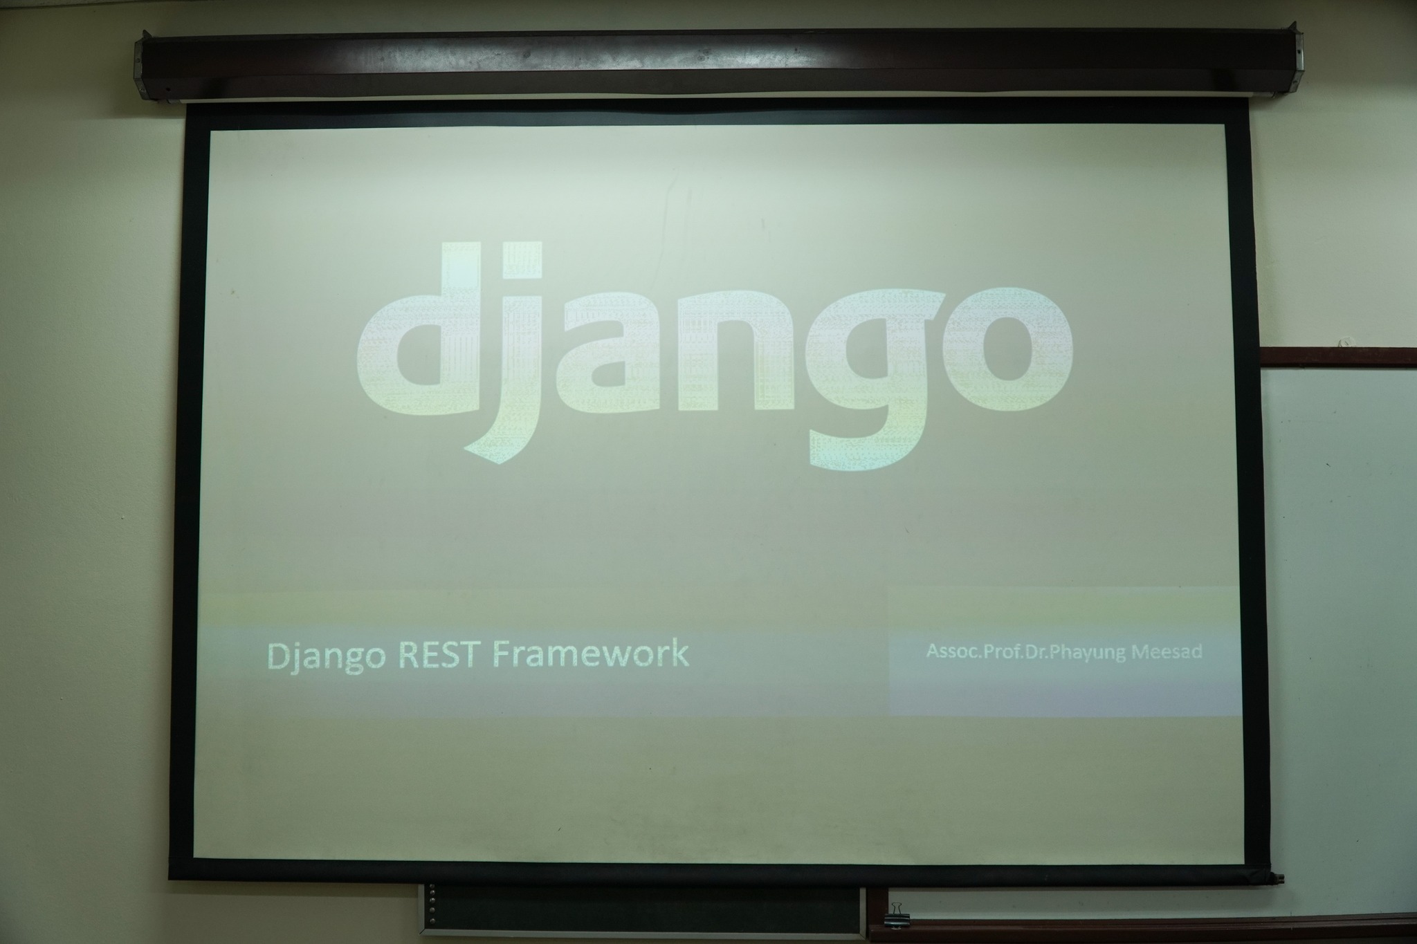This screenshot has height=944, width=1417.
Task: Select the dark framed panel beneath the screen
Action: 641,909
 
